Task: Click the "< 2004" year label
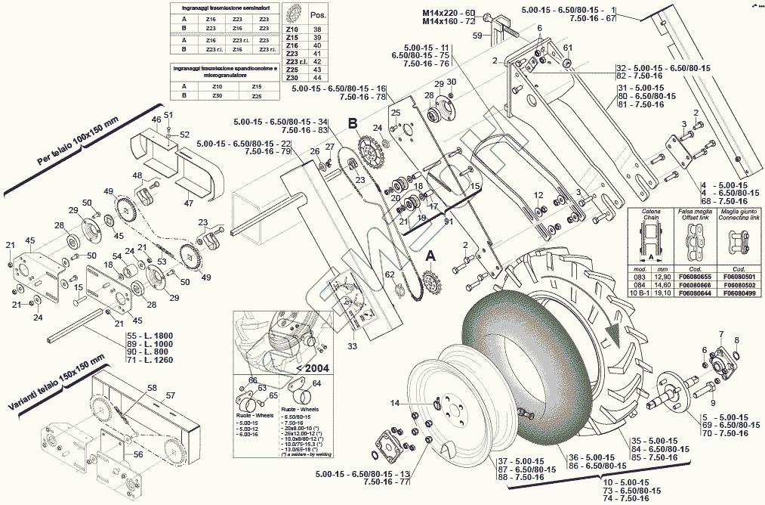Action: (x=312, y=368)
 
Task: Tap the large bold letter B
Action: (x=352, y=123)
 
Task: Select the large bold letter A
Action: (x=431, y=256)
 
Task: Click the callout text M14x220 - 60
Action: (x=449, y=14)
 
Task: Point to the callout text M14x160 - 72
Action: (x=449, y=23)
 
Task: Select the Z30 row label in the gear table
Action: (x=292, y=78)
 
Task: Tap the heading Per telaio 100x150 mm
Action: (x=77, y=144)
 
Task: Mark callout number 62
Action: (x=390, y=274)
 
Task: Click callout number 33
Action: (x=352, y=346)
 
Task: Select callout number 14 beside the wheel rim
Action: (x=394, y=404)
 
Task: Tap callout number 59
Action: (x=477, y=36)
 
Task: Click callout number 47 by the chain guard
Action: (x=189, y=203)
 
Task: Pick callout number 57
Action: (x=171, y=395)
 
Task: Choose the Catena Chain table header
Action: (x=650, y=215)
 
